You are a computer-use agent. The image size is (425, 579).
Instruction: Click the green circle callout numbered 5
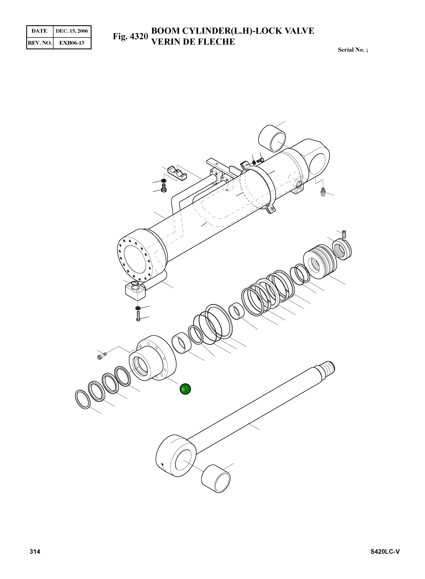(x=185, y=389)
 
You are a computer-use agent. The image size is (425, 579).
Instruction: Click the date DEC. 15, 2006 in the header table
(x=72, y=31)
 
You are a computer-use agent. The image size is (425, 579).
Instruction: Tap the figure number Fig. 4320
(x=130, y=36)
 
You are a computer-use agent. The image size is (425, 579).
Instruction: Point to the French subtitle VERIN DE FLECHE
(x=193, y=42)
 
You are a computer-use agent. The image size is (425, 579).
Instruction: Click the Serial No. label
(x=353, y=50)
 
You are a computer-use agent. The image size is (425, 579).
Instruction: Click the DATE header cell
(x=40, y=31)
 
